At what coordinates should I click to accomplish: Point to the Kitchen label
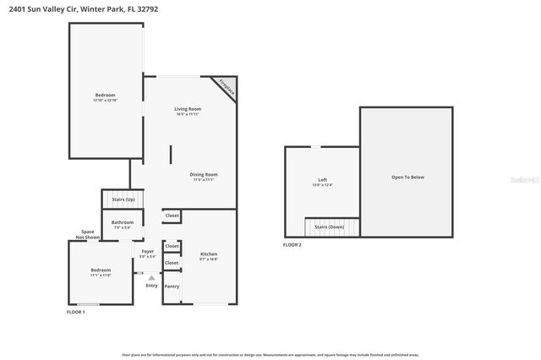[x=209, y=254]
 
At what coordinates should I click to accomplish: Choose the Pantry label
[x=172, y=286]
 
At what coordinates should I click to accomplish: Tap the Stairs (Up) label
[x=123, y=199]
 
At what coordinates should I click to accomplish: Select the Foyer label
[x=148, y=251]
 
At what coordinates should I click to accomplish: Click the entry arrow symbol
[x=151, y=276]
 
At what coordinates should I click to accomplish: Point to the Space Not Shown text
[x=87, y=234]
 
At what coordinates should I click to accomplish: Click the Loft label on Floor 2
[x=322, y=179]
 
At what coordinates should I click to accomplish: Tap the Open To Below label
[x=407, y=177]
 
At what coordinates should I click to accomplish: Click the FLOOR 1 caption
[x=76, y=312]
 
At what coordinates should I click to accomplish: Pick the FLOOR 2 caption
[x=292, y=245]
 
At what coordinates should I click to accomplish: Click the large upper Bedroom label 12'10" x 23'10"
[x=105, y=95]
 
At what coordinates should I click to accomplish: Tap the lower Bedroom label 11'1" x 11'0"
[x=101, y=271]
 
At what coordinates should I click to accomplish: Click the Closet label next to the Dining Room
[x=172, y=216]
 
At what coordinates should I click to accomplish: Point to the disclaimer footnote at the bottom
[x=270, y=354]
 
